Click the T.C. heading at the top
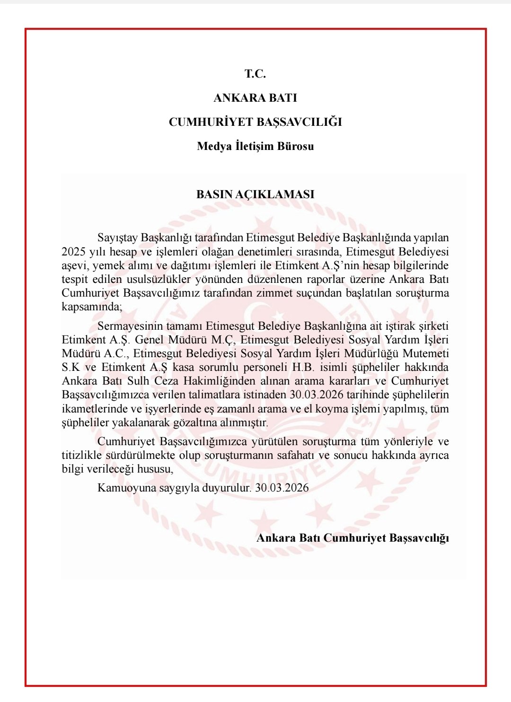255,74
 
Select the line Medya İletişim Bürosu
255,146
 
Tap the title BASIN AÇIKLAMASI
255,194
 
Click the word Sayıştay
118,237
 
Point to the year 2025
74,252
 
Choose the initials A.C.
116,353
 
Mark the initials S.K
71,367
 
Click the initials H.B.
303,367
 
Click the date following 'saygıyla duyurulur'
282,488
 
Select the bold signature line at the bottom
352,538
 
